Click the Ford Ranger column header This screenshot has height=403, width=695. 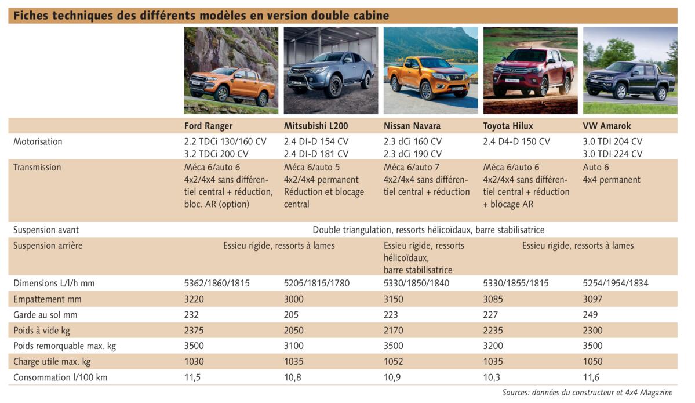click(x=208, y=126)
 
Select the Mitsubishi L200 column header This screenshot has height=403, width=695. click(x=316, y=126)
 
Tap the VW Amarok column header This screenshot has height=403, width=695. click(x=607, y=126)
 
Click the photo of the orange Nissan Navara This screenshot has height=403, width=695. click(x=430, y=71)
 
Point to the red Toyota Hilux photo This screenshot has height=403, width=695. click(x=530, y=71)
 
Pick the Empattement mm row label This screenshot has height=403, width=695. click(x=48, y=299)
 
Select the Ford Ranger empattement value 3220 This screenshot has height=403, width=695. click(x=195, y=299)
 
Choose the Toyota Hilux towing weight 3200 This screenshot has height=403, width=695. click(x=494, y=346)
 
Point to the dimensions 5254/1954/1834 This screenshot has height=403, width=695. click(x=615, y=284)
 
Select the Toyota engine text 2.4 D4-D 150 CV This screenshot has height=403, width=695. click(x=516, y=141)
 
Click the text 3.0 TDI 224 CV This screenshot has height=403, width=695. click(x=612, y=154)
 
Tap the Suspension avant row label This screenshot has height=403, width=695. click(x=46, y=230)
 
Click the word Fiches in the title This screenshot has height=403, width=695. click(x=31, y=16)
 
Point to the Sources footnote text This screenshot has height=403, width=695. click(x=587, y=393)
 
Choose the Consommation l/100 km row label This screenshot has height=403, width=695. click(x=60, y=377)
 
